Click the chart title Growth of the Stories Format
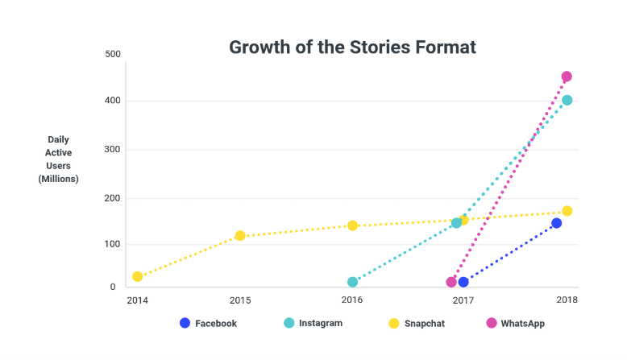click(x=352, y=47)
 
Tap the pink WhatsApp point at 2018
click(x=567, y=77)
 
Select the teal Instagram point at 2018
click(x=567, y=100)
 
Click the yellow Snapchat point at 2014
click(x=138, y=276)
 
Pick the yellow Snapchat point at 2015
click(x=239, y=235)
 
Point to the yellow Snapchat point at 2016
click(x=352, y=226)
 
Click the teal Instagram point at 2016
click(x=352, y=282)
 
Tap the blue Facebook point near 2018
click(x=556, y=223)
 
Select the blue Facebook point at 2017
click(x=463, y=282)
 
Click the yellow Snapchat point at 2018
click(x=567, y=211)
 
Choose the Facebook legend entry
click(x=208, y=323)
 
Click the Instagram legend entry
click(x=313, y=323)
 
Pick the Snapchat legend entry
click(x=416, y=323)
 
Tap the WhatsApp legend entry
click(x=516, y=323)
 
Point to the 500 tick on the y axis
click(x=113, y=54)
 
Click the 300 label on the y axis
click(x=113, y=150)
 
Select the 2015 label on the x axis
click(x=239, y=300)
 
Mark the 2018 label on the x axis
click(x=567, y=300)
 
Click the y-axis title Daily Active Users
click(x=58, y=159)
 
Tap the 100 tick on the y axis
click(x=113, y=244)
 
